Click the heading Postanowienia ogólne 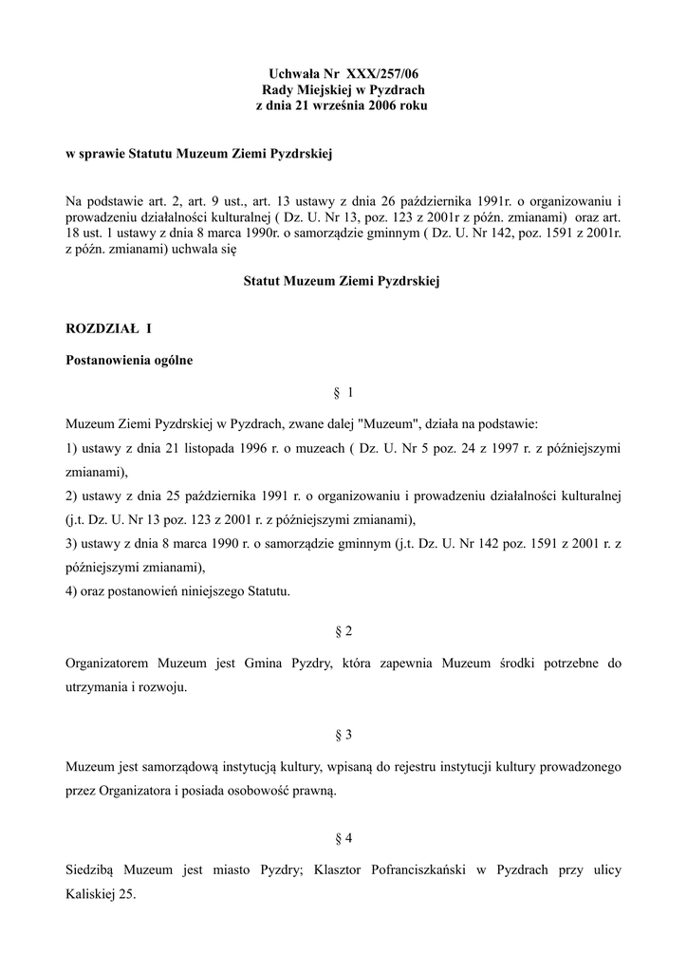pyautogui.click(x=129, y=361)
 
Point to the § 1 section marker pyautogui.click(x=343, y=392)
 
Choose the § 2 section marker pyautogui.click(x=343, y=630)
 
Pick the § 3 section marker pyautogui.click(x=343, y=735)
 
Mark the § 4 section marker pyautogui.click(x=343, y=838)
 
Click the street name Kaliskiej pyautogui.click(x=90, y=894)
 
